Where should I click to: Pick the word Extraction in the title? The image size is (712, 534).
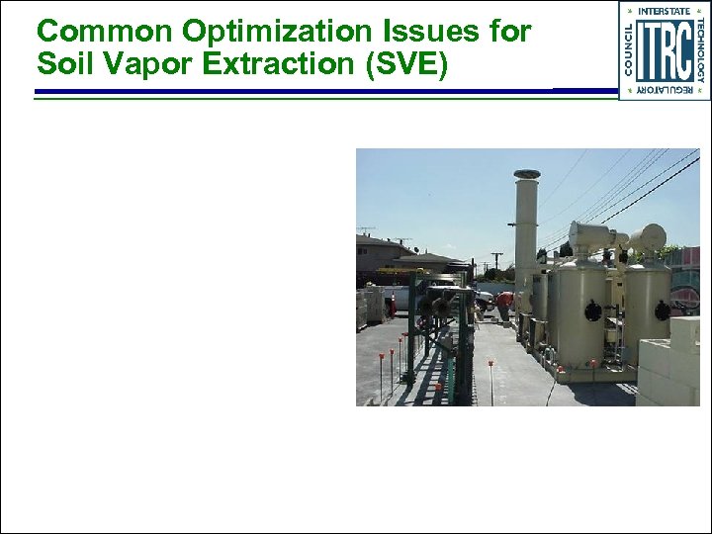pyautogui.click(x=280, y=65)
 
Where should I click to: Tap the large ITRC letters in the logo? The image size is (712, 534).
pyautogui.click(x=664, y=49)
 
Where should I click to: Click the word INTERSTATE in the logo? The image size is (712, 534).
pyautogui.click(x=664, y=11)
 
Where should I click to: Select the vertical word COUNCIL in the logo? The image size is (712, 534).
pyautogui.click(x=629, y=50)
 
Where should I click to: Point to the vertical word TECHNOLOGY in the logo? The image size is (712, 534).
pyautogui.click(x=700, y=49)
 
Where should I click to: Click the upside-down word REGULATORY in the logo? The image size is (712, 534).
pyautogui.click(x=664, y=90)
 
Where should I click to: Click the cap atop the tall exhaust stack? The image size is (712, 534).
pyautogui.click(x=527, y=175)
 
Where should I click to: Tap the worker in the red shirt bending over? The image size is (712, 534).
pyautogui.click(x=504, y=302)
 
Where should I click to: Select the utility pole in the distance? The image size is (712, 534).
pyautogui.click(x=495, y=261)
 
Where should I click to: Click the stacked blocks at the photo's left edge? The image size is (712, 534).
pyautogui.click(x=368, y=307)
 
